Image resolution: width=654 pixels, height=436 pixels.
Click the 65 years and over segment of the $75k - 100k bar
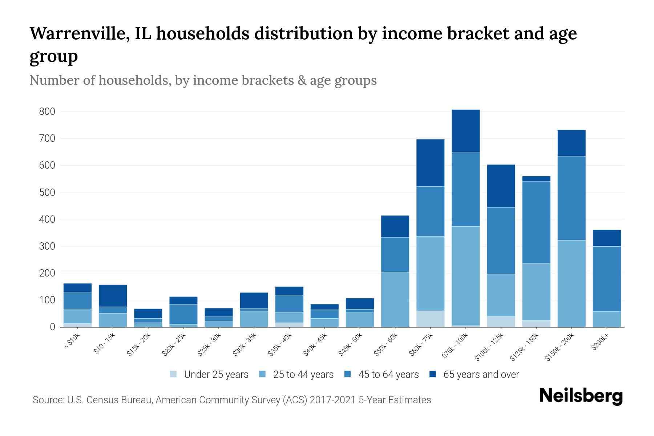[465, 131]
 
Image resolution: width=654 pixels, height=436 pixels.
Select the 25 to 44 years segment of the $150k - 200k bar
[572, 283]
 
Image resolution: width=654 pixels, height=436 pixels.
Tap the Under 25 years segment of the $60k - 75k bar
[430, 319]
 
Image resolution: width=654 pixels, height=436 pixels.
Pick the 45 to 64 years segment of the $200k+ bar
[607, 279]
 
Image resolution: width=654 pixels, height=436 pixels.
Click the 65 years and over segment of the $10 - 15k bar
[113, 296]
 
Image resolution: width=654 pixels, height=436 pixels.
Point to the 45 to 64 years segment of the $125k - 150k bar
[536, 222]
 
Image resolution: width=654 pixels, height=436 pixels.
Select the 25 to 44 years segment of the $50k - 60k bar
[395, 299]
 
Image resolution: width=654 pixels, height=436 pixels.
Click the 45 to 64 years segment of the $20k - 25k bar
[183, 314]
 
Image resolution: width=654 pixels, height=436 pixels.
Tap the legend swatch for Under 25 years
[173, 374]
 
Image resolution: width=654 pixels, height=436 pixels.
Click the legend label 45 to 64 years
[388, 374]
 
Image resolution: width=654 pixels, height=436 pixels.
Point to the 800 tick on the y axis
[47, 112]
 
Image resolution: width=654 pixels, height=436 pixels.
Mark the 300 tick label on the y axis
[47, 246]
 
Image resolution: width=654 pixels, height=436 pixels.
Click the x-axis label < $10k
[72, 341]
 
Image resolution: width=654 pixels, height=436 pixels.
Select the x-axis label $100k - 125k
[489, 347]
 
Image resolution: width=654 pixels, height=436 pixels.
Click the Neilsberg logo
[581, 396]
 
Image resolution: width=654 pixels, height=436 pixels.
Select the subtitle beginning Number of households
[203, 80]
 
